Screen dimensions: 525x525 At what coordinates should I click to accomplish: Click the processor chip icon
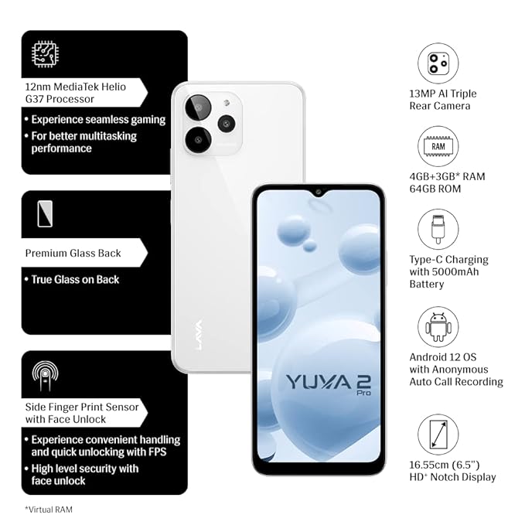[x=46, y=54]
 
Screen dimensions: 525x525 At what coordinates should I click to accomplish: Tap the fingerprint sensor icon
[x=45, y=376]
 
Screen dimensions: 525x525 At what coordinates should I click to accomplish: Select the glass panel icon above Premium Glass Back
[x=45, y=214]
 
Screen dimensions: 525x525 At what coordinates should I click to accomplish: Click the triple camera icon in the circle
[x=438, y=63]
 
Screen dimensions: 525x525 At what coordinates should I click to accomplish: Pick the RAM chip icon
[x=438, y=147]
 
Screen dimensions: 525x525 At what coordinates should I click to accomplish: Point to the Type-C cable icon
[x=438, y=230]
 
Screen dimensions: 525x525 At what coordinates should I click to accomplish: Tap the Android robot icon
[x=438, y=327]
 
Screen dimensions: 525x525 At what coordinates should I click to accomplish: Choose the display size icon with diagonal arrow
[x=438, y=435]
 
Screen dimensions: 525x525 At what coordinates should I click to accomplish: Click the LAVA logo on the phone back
[x=199, y=335]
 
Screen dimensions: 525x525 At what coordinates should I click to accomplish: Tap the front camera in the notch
[x=319, y=193]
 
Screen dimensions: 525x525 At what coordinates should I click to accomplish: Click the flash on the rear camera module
[x=227, y=103]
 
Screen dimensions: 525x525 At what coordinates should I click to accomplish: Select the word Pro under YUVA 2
[x=363, y=393]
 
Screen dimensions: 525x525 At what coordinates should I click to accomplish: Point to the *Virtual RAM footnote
[x=49, y=510]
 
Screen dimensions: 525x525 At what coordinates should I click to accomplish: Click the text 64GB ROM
[x=435, y=189]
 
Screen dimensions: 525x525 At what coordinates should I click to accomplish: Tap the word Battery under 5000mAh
[x=427, y=285]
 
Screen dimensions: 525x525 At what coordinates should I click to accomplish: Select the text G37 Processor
[x=60, y=99]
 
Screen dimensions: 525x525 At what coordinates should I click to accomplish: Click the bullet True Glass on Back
[x=72, y=280]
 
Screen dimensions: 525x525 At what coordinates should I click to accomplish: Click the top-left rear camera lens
[x=198, y=107]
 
